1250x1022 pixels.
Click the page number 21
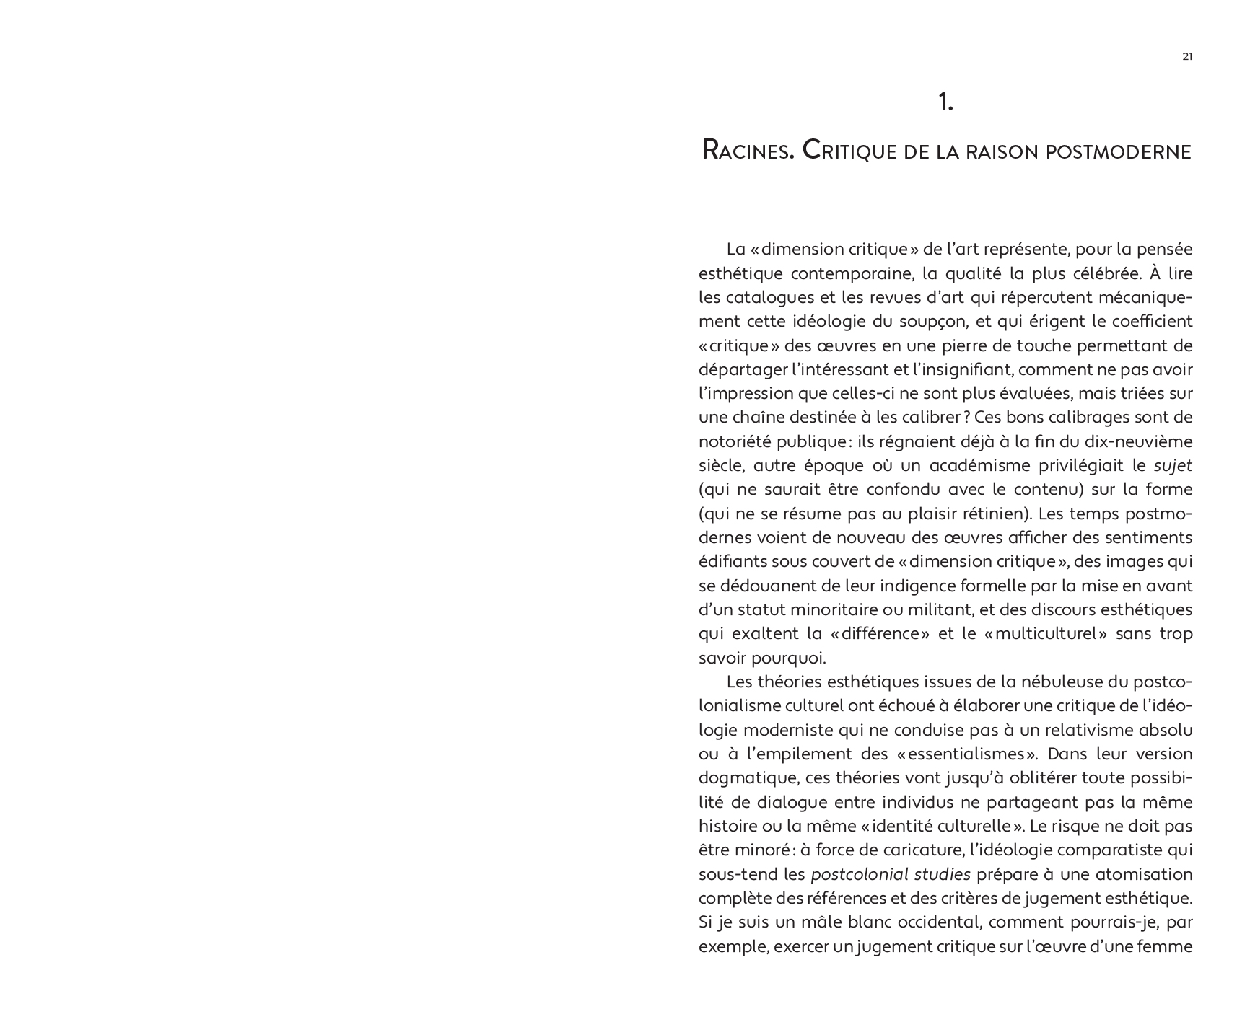pyautogui.click(x=1187, y=57)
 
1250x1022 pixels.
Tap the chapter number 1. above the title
pyautogui.click(x=945, y=103)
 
